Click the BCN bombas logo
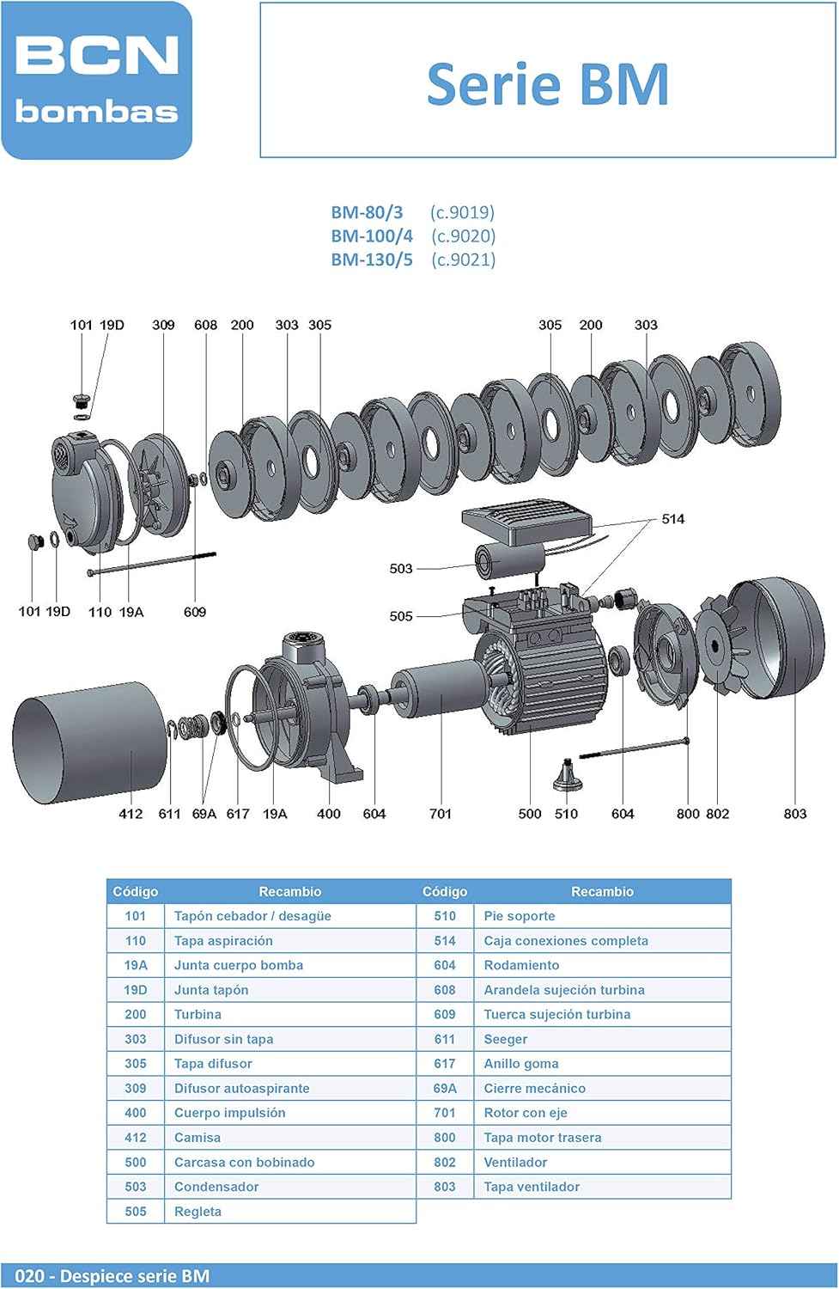97,80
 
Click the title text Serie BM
547,84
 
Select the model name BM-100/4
372,235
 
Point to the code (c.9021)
463,260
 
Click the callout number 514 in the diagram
672,519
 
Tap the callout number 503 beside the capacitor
401,569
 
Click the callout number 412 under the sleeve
131,814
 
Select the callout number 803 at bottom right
794,814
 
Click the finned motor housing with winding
550,679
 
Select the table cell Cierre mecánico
534,1089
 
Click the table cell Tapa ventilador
532,1187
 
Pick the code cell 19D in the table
136,990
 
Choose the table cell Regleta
198,1212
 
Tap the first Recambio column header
289,892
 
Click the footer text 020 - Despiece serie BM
112,1276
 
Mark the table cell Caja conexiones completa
566,941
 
